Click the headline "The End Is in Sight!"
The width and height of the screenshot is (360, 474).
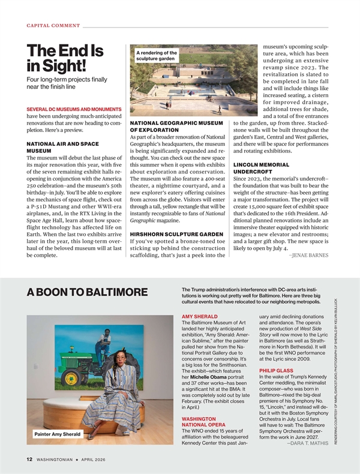65,59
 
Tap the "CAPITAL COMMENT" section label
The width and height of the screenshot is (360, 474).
53,25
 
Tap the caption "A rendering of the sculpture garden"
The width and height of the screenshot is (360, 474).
157,56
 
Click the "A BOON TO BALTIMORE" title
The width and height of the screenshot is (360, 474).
87,292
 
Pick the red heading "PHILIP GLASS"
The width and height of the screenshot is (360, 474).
276,371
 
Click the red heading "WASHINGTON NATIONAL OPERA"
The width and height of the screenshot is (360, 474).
207,422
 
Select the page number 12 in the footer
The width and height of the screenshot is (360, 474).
28,460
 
